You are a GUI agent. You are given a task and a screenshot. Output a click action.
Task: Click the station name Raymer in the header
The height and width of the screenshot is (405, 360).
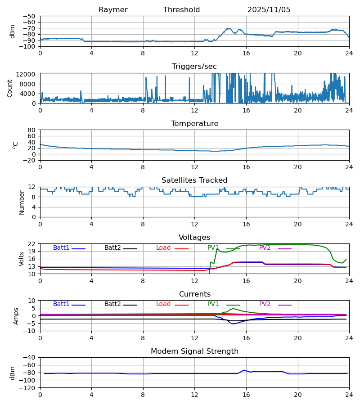tap(113, 10)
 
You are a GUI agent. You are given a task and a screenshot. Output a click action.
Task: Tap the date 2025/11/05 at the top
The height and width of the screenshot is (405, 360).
tap(269, 10)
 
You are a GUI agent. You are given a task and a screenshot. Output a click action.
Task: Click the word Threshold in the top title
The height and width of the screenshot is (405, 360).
tap(181, 10)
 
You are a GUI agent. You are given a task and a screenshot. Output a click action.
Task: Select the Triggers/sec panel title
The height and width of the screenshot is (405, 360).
tap(194, 67)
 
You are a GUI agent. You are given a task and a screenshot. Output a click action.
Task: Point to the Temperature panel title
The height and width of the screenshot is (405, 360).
tap(194, 124)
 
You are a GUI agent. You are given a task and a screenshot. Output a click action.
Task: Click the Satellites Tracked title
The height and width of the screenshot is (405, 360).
tap(194, 180)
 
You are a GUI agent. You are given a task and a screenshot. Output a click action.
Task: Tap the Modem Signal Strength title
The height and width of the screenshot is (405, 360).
tap(194, 351)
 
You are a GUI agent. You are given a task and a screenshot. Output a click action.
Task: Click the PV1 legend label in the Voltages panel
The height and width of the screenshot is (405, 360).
tap(213, 248)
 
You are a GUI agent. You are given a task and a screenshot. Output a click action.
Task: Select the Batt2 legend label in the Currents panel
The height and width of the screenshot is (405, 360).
tap(112, 304)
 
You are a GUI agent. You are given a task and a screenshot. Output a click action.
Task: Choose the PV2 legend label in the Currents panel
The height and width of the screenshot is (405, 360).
tap(265, 304)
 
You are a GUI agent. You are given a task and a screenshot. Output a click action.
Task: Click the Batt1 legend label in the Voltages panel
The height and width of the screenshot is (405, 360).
tap(61, 248)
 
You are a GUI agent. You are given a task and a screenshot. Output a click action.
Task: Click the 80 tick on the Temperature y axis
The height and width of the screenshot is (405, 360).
tap(31, 130)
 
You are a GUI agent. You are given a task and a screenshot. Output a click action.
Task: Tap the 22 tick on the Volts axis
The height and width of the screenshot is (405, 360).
tap(31, 244)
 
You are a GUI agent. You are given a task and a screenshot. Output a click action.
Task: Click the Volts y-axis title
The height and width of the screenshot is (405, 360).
tap(21, 259)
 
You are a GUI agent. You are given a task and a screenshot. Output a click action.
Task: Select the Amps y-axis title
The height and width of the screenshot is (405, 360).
tap(17, 315)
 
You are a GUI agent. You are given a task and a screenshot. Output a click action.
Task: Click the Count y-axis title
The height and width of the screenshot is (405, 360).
tap(10, 88)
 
